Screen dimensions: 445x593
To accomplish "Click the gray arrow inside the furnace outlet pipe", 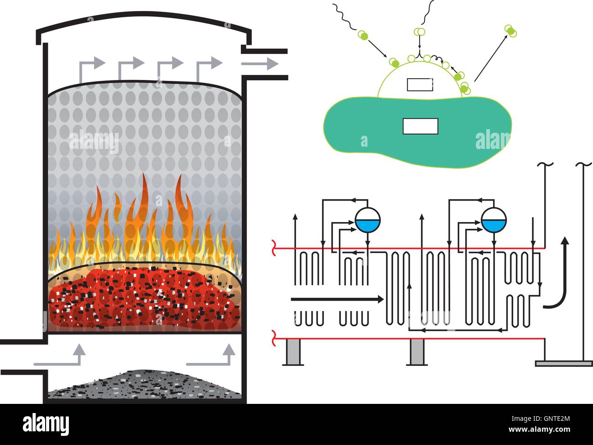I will (260, 64).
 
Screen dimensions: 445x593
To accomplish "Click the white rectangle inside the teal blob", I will (420, 126).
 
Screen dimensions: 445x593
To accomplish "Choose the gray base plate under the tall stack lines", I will (563, 363).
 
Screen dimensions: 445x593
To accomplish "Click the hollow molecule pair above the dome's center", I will (419, 32).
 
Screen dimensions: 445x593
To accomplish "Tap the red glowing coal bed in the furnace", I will (144, 297).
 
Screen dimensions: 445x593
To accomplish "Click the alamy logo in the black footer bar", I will (46, 424).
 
